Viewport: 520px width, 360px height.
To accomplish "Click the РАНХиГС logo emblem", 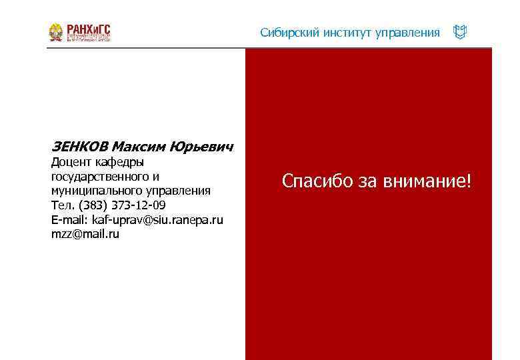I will tap(56, 32).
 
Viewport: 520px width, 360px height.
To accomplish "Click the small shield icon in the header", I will tap(459, 32).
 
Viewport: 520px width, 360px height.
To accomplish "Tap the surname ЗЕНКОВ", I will tap(79, 146).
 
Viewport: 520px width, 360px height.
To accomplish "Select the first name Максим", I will tap(139, 146).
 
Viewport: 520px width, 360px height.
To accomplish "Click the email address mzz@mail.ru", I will tap(85, 235).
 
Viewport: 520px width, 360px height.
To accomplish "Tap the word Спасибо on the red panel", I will tap(318, 181).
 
